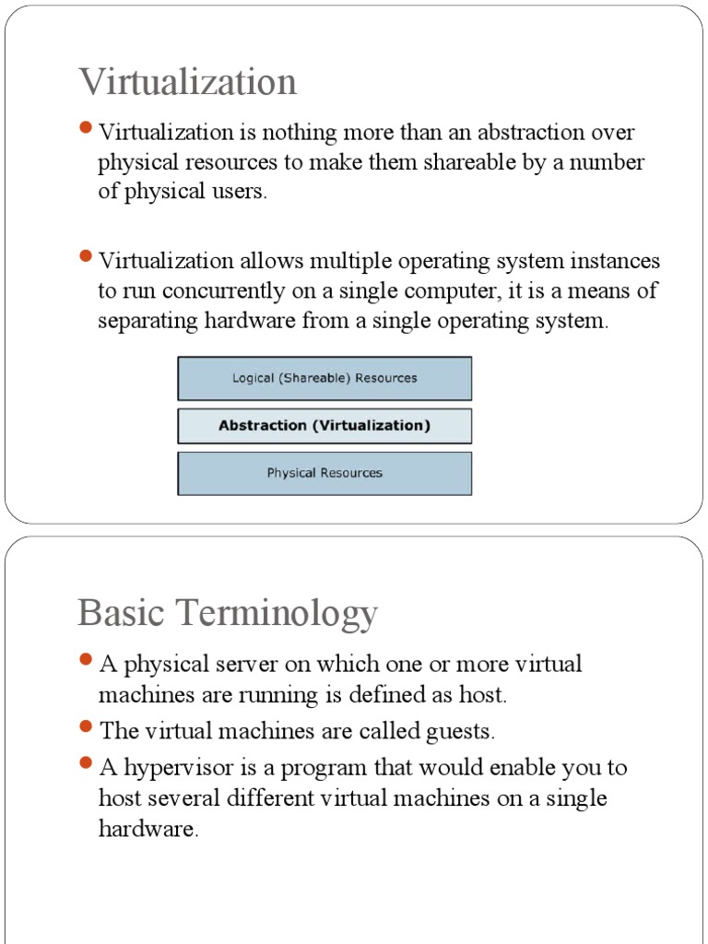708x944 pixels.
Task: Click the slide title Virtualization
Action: pos(187,82)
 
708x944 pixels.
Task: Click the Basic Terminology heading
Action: pos(228,612)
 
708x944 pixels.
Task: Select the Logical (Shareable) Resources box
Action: pos(324,378)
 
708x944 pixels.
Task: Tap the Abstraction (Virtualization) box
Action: pos(324,426)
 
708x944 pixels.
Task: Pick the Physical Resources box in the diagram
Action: pos(324,473)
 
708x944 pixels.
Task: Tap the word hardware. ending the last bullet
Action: pos(148,828)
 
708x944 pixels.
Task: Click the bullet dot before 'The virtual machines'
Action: pos(87,728)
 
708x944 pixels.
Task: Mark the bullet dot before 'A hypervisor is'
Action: pos(87,763)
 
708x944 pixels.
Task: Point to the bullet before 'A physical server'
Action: pos(87,660)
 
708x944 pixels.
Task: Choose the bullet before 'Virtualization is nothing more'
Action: pos(87,128)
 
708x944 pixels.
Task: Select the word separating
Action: pos(151,322)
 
